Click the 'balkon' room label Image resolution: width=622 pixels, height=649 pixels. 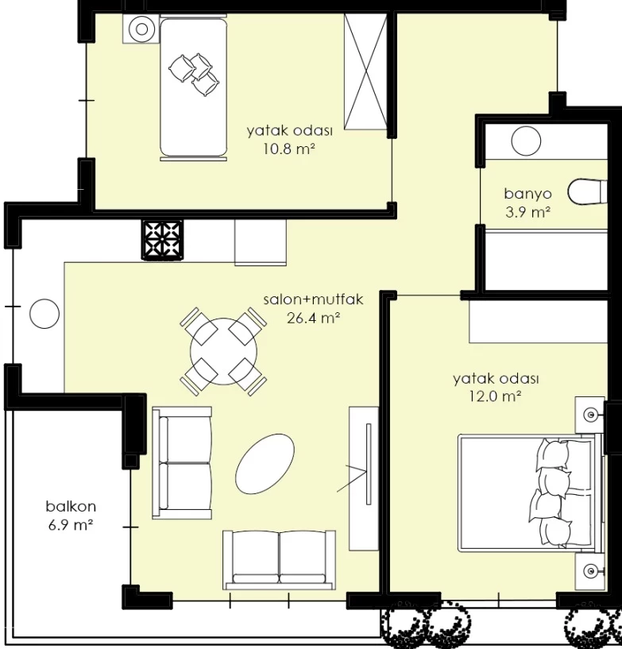[71, 506]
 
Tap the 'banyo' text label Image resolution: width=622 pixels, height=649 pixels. [527, 193]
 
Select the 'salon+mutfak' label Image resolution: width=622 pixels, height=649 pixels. [313, 299]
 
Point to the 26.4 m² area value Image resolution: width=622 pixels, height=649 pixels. [313, 318]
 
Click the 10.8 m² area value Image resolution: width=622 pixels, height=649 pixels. [289, 149]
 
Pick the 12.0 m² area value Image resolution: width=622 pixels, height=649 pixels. [495, 396]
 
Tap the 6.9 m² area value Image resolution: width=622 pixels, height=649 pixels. [71, 525]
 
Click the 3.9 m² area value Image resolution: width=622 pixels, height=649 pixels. [527, 212]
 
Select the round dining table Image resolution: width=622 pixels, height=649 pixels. [223, 351]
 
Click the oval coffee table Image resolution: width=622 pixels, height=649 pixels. [265, 464]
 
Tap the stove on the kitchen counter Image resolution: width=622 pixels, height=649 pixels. [163, 240]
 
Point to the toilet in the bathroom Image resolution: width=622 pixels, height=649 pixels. [588, 191]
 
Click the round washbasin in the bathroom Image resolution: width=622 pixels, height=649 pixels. [526, 141]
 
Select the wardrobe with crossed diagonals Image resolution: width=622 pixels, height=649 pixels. [365, 71]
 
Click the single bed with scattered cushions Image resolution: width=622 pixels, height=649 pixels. [194, 87]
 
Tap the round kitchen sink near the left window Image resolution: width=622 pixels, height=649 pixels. [44, 314]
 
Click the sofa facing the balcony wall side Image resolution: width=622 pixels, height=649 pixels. [182, 463]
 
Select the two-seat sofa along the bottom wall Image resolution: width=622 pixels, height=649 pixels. [280, 560]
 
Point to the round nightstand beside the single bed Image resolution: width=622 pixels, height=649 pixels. [141, 29]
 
